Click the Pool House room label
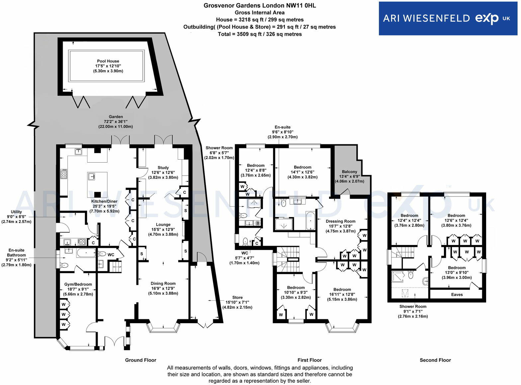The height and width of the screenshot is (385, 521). pyautogui.click(x=108, y=61)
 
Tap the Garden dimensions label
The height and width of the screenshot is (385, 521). pyautogui.click(x=116, y=121)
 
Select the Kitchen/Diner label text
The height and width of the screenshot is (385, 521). pyautogui.click(x=104, y=201)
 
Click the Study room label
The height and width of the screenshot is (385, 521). pyautogui.click(x=163, y=168)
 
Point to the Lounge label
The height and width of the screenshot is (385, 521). pyautogui.click(x=163, y=225)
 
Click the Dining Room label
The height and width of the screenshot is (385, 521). pyautogui.click(x=163, y=284)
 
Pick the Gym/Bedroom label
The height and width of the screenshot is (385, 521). pyautogui.click(x=78, y=284)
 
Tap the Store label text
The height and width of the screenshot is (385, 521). pyautogui.click(x=237, y=298)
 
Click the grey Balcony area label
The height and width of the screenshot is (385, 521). pyautogui.click(x=349, y=172)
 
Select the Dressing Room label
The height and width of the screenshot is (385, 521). pyautogui.click(x=340, y=221)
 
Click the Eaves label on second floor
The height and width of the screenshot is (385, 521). pyautogui.click(x=457, y=295)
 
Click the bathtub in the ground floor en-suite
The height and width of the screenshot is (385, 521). pyautogui.click(x=86, y=254)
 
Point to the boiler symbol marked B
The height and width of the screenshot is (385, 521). pyautogui.click(x=257, y=223)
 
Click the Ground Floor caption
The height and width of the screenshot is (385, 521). pyautogui.click(x=140, y=360)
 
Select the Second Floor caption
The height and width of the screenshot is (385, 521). pyautogui.click(x=435, y=360)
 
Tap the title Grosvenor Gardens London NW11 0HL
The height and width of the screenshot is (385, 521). pyautogui.click(x=260, y=5)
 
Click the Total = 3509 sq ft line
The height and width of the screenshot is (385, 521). pyautogui.click(x=260, y=34)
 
